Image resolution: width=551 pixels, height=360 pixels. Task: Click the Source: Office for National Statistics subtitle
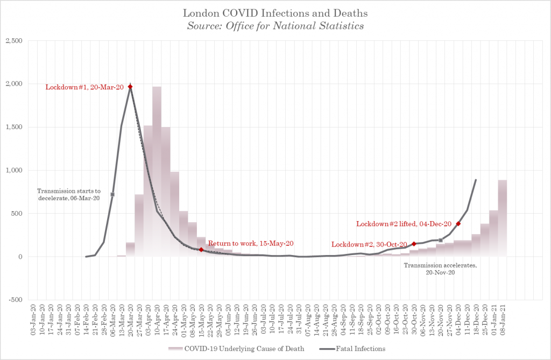click(x=275, y=25)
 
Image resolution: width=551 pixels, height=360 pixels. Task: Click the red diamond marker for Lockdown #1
click(x=130, y=87)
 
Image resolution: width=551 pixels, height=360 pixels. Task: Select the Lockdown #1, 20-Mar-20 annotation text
click(x=84, y=87)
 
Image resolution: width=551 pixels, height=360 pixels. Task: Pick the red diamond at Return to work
click(x=201, y=250)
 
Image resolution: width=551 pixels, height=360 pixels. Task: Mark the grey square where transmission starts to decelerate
click(x=112, y=194)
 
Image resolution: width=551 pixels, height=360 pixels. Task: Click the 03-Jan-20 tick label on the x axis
click(x=34, y=320)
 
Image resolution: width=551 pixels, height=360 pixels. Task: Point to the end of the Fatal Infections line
click(x=476, y=180)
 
